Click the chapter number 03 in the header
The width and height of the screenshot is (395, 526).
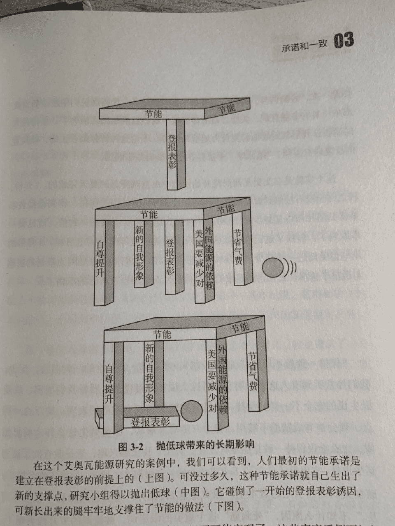coord(344,41)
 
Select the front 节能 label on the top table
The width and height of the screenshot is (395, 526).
coord(153,113)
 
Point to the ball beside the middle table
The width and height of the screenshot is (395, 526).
coord(272,268)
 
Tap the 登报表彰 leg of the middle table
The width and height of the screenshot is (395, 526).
coord(170,257)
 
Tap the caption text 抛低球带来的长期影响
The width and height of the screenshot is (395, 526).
coord(205,445)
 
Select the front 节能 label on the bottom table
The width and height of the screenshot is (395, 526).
coord(161,335)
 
